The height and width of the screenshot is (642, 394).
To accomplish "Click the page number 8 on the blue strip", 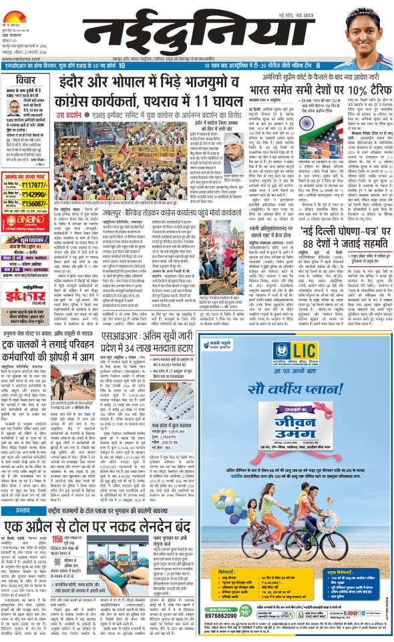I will (319, 65).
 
